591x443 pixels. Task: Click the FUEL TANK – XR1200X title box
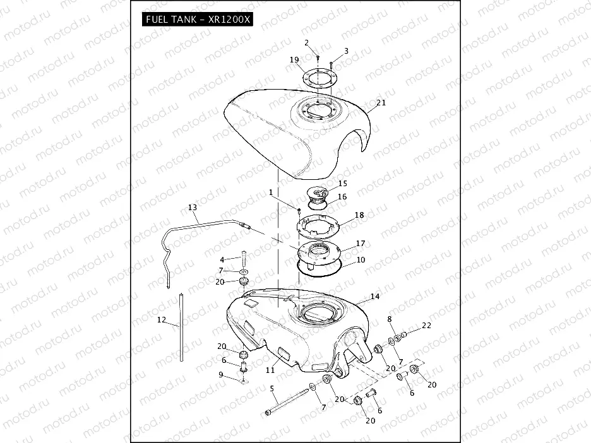(x=198, y=19)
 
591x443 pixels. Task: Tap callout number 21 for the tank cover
(x=381, y=102)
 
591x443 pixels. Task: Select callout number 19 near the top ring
(x=294, y=59)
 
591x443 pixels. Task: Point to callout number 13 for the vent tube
(x=192, y=207)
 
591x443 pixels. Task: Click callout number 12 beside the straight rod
(x=161, y=320)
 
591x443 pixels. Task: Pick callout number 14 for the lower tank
(x=374, y=297)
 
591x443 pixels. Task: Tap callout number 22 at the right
(x=426, y=326)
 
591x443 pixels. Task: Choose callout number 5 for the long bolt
(x=272, y=389)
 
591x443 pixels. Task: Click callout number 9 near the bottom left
(x=221, y=375)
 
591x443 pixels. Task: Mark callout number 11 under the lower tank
(x=270, y=370)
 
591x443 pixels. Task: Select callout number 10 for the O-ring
(x=361, y=260)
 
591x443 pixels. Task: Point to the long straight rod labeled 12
(x=181, y=328)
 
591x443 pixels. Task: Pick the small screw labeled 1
(x=299, y=211)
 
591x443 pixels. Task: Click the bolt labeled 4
(x=244, y=259)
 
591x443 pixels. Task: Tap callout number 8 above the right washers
(x=390, y=319)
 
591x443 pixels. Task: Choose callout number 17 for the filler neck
(x=361, y=244)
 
